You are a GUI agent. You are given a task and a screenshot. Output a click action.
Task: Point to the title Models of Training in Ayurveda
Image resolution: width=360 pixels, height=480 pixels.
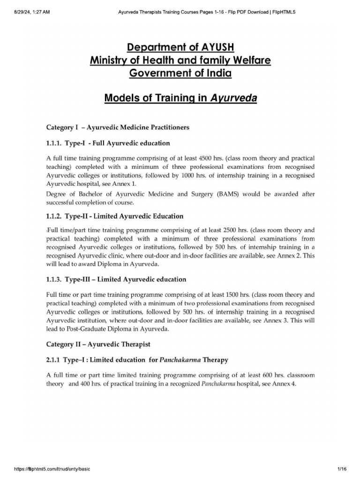click(180, 99)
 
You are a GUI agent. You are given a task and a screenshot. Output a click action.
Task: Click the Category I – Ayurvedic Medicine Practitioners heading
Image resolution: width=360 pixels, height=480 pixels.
click(118, 127)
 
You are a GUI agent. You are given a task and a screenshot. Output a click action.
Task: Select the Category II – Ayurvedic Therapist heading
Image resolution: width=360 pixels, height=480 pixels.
click(98, 344)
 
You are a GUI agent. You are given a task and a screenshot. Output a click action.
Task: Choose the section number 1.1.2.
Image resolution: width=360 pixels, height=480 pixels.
click(56, 216)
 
